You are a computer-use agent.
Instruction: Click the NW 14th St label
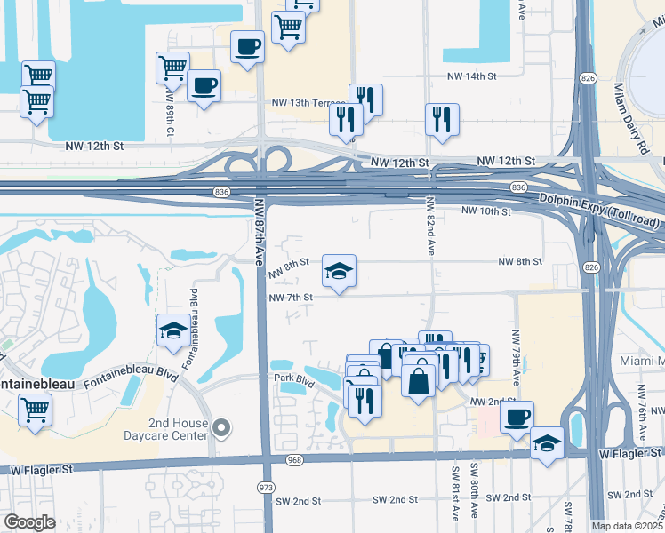(x=472, y=77)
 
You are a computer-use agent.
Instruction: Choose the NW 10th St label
(x=486, y=211)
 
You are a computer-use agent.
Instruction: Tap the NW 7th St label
(x=291, y=297)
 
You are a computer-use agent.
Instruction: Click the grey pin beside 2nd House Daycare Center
(x=222, y=429)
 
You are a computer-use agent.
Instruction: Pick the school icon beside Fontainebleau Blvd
(x=172, y=331)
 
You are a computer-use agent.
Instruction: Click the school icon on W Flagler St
(x=547, y=443)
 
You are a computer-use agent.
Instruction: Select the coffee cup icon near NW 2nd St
(x=517, y=415)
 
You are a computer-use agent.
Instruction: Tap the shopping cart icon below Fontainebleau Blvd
(x=36, y=410)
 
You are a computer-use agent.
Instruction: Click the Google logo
(x=29, y=522)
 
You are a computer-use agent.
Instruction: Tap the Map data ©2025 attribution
(x=627, y=526)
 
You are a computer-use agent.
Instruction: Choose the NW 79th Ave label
(x=516, y=351)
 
